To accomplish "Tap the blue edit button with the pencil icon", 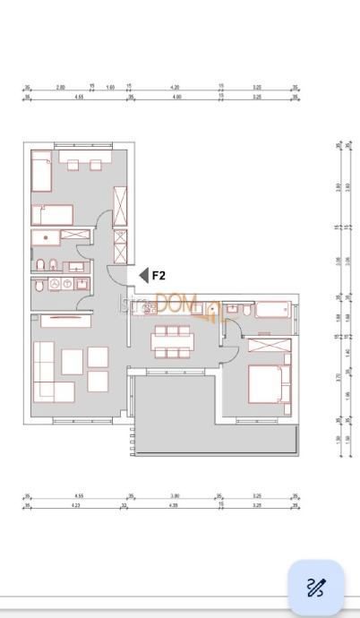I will (x=314, y=588).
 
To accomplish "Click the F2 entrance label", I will (x=159, y=276).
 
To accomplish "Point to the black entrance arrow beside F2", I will (x=142, y=276).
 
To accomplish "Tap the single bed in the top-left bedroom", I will (x=40, y=172).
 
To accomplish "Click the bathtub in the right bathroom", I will (x=274, y=312).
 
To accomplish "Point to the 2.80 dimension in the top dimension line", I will (x=61, y=88).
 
